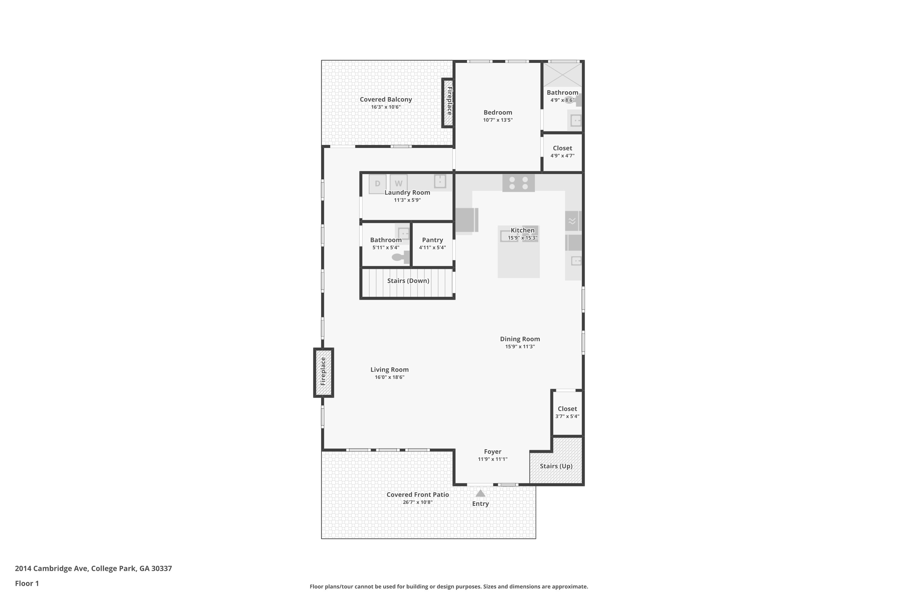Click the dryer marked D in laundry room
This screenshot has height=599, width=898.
click(377, 184)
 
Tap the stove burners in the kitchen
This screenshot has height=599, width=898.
click(518, 183)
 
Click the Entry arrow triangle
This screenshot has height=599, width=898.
click(480, 494)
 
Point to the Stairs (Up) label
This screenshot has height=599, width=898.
click(556, 466)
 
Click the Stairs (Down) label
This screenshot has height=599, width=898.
click(408, 281)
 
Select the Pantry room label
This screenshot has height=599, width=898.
click(432, 240)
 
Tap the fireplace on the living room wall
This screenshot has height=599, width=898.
click(323, 372)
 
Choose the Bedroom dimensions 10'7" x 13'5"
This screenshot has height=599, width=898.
click(497, 120)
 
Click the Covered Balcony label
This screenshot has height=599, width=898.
click(386, 99)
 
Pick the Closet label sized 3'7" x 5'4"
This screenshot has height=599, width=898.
click(567, 409)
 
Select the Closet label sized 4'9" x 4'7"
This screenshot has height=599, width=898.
click(562, 148)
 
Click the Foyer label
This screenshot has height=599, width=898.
click(492, 452)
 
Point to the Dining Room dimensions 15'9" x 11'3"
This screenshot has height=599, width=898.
click(520, 347)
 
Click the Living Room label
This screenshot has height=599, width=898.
click(389, 369)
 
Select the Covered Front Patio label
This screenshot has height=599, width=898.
click(417, 494)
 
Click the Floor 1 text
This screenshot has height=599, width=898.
click(27, 583)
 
